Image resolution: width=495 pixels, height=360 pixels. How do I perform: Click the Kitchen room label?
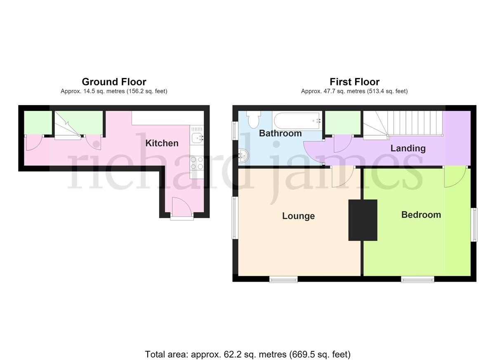(162, 143)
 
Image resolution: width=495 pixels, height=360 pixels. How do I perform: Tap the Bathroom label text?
(280, 133)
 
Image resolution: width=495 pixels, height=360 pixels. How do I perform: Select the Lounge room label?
(298, 216)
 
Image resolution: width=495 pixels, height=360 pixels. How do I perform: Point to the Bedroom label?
(421, 215)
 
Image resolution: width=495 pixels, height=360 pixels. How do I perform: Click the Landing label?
(408, 148)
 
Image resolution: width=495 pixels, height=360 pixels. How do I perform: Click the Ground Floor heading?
(114, 82)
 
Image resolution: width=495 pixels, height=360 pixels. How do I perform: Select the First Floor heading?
(354, 82)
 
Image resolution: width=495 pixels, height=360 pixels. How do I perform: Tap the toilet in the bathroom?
(254, 119)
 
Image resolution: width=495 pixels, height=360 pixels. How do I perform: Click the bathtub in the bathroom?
(297, 120)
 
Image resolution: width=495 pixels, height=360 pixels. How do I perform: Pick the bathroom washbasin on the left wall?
(244, 156)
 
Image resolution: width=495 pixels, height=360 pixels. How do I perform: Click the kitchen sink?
(197, 139)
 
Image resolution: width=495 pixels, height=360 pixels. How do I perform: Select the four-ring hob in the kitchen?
(197, 163)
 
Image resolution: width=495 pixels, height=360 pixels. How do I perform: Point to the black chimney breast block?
(363, 220)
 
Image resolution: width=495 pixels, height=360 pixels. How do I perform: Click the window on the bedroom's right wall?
(474, 225)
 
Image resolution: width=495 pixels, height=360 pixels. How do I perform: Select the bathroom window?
(234, 131)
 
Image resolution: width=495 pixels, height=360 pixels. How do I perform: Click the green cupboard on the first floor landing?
(343, 123)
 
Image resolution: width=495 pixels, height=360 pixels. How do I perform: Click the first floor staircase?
(403, 125)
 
